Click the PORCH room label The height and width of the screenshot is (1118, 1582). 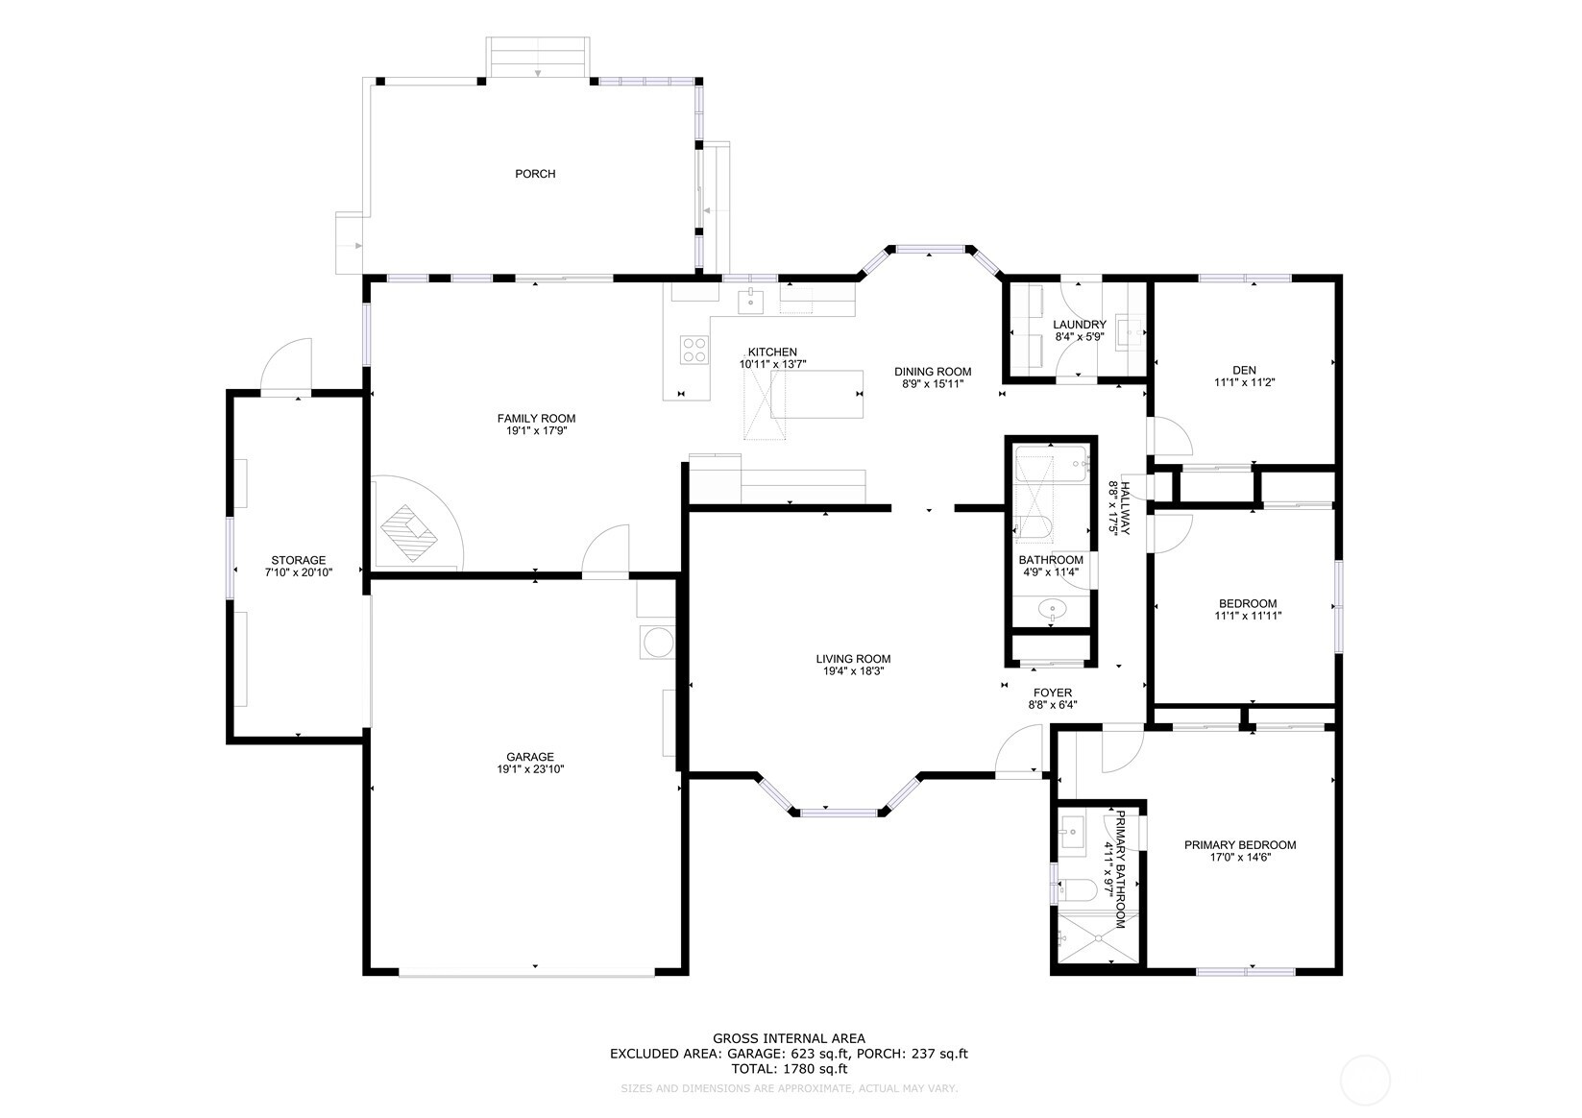(535, 174)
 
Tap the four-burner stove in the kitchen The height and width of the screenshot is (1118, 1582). (694, 350)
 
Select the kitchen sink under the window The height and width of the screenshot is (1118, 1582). (750, 301)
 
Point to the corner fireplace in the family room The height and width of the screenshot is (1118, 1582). (409, 532)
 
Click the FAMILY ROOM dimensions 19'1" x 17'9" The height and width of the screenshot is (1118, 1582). (536, 431)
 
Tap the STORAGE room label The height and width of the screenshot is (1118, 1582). (298, 560)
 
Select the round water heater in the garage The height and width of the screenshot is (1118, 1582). (658, 643)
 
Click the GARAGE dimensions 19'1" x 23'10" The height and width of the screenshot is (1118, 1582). (529, 769)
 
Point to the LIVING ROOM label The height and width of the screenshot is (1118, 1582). (853, 659)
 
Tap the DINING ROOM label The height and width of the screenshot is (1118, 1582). (933, 372)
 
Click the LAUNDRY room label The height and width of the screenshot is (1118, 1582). (1079, 325)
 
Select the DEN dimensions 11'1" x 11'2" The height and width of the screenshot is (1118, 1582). (1244, 382)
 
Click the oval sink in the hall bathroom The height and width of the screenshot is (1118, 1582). (1052, 608)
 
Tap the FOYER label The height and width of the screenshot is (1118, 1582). (1053, 693)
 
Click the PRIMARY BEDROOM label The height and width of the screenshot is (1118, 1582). (1240, 844)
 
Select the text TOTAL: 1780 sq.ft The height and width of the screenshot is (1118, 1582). (789, 1069)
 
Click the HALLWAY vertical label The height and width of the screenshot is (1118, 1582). (1125, 508)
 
